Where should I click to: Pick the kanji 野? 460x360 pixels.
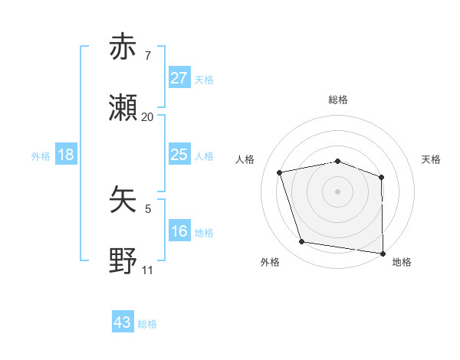coord(123,261)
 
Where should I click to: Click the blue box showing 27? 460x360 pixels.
coord(179,78)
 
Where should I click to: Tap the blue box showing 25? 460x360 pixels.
coord(179,155)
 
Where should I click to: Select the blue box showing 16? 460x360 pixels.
coord(179,231)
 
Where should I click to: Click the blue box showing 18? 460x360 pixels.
coord(66,155)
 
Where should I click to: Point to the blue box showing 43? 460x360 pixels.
coord(123,322)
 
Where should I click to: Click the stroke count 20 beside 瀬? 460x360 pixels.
coord(148,117)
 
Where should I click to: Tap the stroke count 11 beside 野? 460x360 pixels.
coord(148,270)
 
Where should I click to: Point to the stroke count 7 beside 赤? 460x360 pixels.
coord(148,56)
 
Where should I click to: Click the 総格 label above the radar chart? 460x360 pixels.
coord(338,100)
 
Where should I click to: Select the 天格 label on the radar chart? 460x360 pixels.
coord(432,159)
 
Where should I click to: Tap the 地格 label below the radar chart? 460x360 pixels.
coord(402,263)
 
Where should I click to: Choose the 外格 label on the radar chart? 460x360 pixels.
coord(270,263)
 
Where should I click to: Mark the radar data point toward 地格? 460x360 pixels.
coord(383,253)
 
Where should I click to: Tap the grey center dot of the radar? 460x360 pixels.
coord(338,191)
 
